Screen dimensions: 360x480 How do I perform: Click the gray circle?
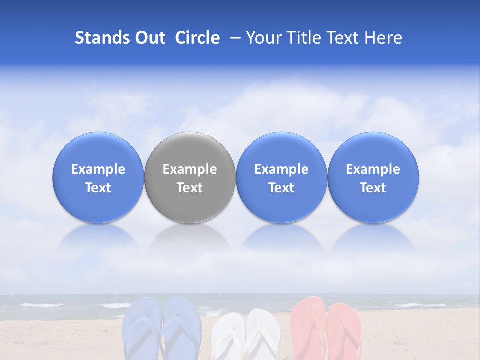tap(190, 177)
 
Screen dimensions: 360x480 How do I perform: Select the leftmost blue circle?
tap(98, 177)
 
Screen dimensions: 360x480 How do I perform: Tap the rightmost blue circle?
tap(373, 177)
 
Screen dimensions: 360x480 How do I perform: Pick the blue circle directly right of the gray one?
tap(281, 177)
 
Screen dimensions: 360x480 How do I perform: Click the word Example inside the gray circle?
tap(190, 169)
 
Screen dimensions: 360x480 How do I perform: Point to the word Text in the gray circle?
tap(190, 188)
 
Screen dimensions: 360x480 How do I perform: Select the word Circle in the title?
tap(197, 38)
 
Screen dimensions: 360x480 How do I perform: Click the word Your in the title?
tap(264, 38)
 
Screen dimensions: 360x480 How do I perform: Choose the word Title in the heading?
tap(303, 38)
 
